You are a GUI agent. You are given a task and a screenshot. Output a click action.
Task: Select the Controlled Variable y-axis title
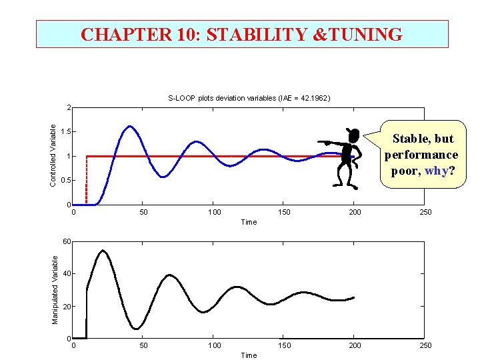click(x=53, y=155)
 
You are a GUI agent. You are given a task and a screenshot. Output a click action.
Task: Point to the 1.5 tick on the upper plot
click(x=64, y=132)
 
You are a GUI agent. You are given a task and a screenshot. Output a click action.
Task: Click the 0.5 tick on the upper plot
click(x=64, y=181)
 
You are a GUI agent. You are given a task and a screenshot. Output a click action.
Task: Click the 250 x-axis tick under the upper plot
click(x=425, y=213)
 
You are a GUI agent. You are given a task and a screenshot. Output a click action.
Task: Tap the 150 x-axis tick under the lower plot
click(x=285, y=345)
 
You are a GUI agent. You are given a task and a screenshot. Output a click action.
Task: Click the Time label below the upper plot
click(x=249, y=222)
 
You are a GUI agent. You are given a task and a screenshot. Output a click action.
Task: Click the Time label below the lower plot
click(x=249, y=355)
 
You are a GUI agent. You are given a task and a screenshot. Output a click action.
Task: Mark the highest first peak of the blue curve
click(x=129, y=126)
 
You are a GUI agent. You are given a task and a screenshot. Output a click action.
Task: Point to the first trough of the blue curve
click(x=163, y=177)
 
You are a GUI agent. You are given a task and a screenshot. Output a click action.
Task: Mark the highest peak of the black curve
click(x=103, y=251)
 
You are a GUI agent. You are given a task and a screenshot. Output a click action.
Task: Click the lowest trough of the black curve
click(x=136, y=329)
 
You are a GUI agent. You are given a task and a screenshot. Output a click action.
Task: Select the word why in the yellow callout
click(x=436, y=171)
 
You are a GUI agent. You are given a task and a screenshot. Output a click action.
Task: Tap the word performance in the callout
click(x=421, y=155)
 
